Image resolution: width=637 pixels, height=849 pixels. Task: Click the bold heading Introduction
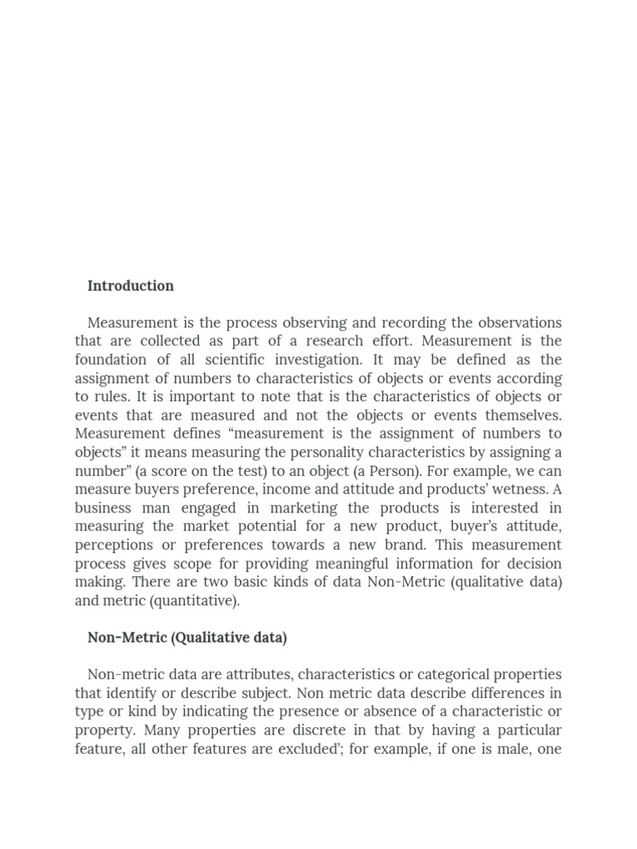click(130, 286)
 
